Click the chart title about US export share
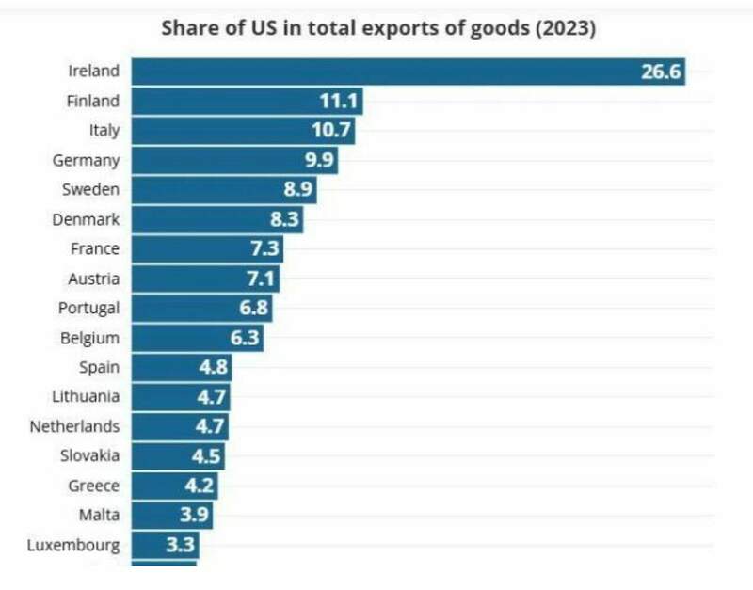click(x=378, y=27)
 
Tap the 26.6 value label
click(x=660, y=71)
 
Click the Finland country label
click(x=93, y=100)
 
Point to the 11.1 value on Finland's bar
click(x=337, y=101)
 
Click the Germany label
click(x=86, y=160)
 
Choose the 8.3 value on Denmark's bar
click(x=282, y=219)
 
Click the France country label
click(x=94, y=248)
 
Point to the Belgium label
click(x=89, y=338)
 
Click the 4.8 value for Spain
click(x=213, y=367)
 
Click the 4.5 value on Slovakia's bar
click(x=206, y=456)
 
